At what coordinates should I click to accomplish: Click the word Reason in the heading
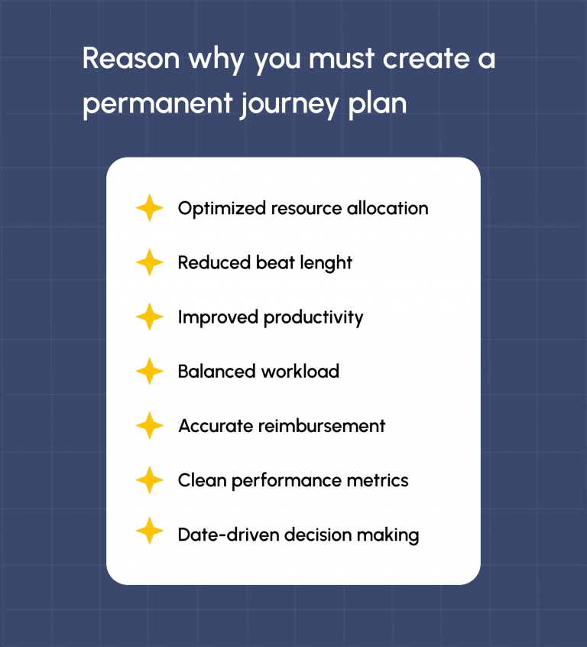click(131, 58)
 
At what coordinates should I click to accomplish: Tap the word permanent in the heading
click(157, 103)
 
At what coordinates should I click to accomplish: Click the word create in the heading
click(426, 59)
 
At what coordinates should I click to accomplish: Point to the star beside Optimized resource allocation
click(150, 208)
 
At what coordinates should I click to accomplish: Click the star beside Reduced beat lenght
click(150, 262)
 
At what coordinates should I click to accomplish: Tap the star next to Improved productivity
click(150, 317)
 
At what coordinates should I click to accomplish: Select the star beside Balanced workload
click(150, 372)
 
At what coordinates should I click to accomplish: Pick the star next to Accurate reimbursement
click(150, 426)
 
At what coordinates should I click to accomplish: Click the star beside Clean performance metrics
click(150, 480)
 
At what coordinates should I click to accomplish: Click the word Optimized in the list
click(222, 209)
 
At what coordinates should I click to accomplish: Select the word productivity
click(313, 318)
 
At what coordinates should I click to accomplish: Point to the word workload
click(300, 372)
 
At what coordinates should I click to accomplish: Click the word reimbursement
click(322, 426)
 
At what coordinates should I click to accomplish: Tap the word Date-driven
click(229, 535)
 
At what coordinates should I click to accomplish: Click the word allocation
click(388, 208)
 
